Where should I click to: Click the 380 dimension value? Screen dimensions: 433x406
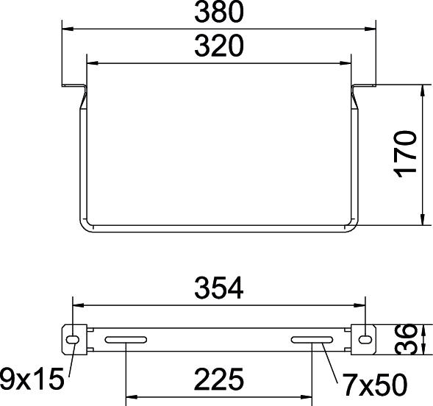click(x=219, y=12)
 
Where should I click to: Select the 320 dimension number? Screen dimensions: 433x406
click(x=219, y=46)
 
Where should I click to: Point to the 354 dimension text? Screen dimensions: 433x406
click(x=219, y=288)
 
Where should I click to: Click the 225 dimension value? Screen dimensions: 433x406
click(x=219, y=380)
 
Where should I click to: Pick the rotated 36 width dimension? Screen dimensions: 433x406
click(x=406, y=340)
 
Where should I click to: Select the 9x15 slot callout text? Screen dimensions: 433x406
click(x=32, y=379)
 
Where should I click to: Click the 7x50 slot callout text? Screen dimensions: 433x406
click(x=374, y=384)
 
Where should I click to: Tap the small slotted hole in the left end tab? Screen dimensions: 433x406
click(x=73, y=340)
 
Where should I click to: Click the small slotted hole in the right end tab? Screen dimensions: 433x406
click(x=365, y=340)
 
